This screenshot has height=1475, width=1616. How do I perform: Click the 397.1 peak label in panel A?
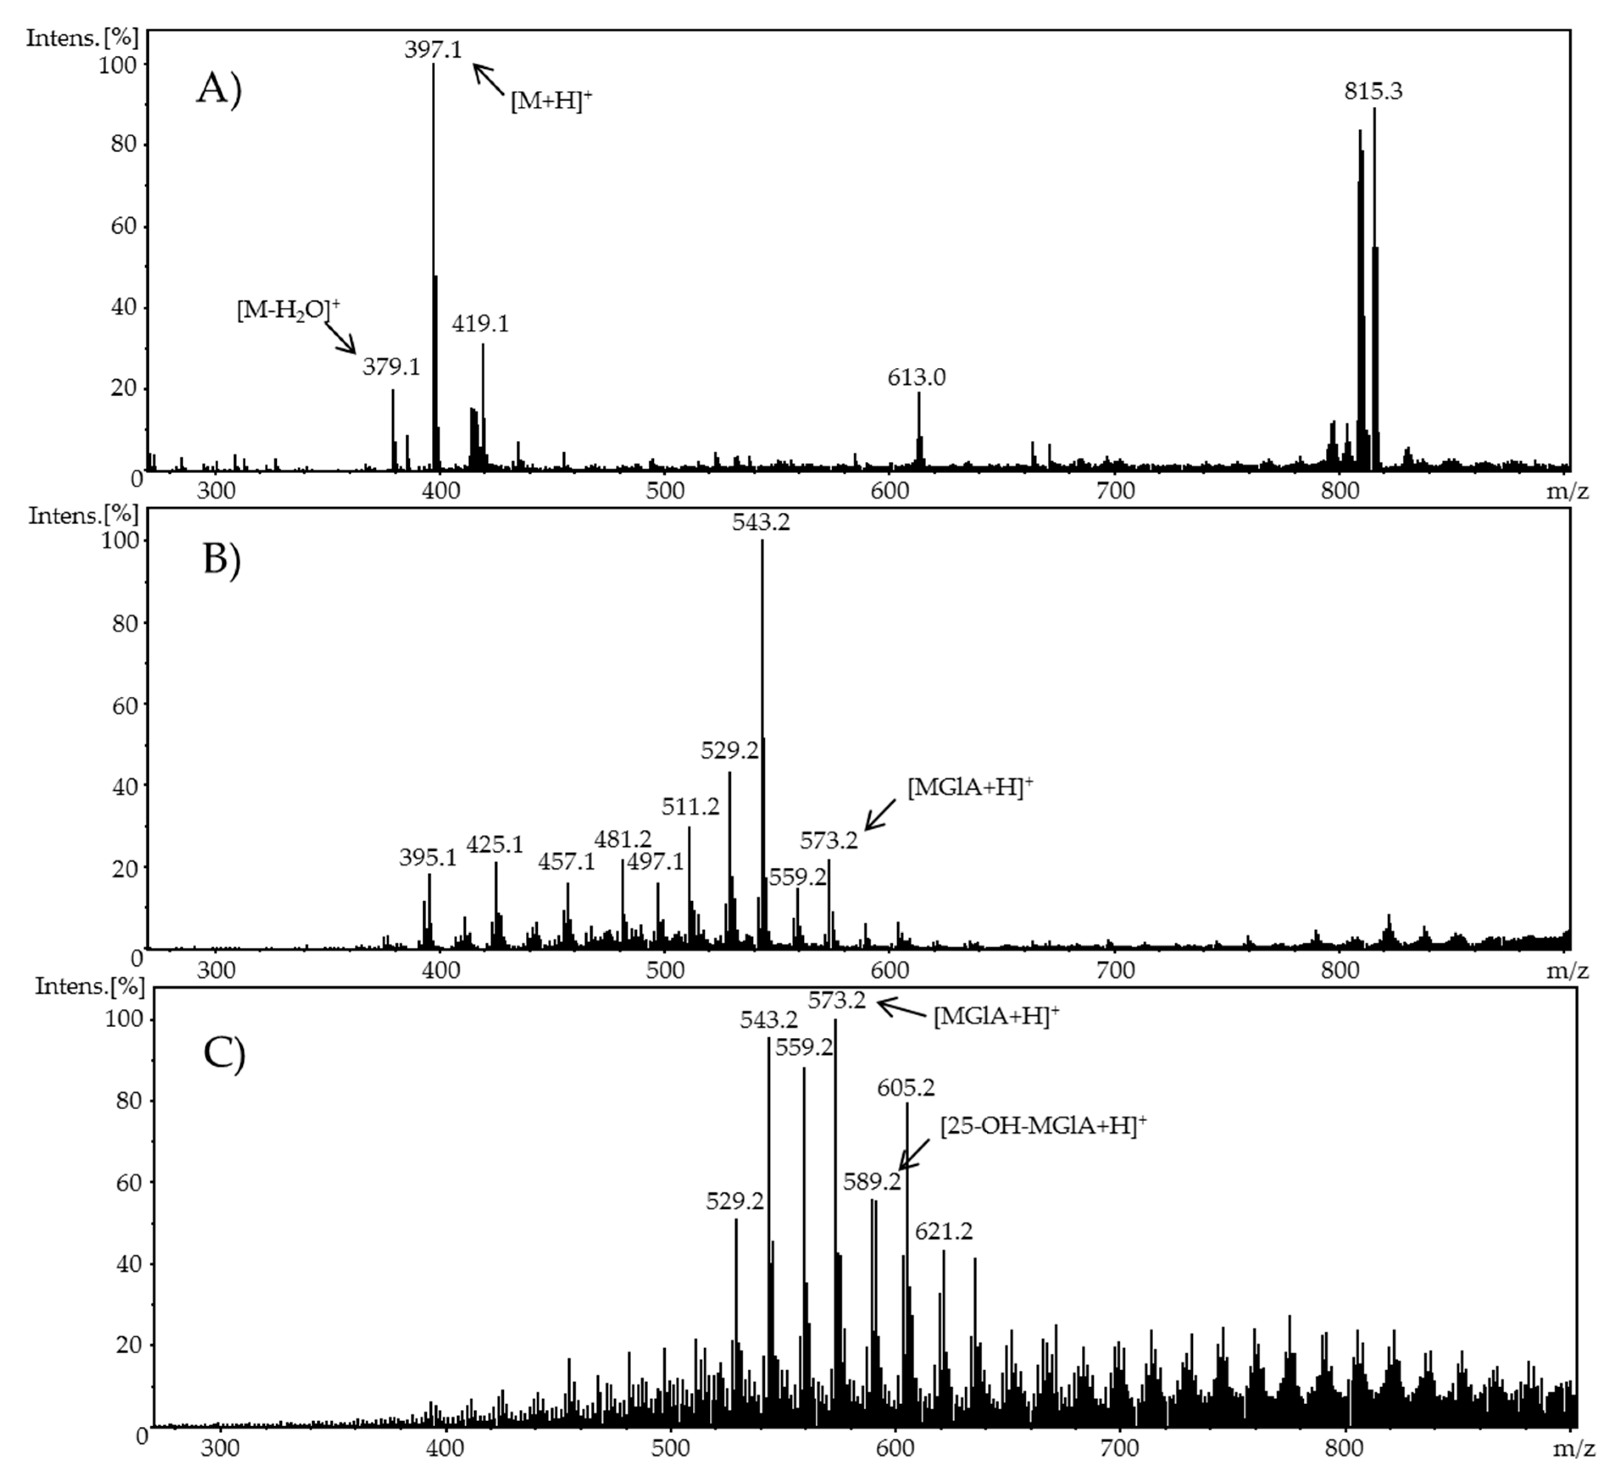coord(433,50)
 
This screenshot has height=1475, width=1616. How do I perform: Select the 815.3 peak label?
coord(1373,92)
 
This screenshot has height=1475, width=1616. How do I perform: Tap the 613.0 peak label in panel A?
coord(916,377)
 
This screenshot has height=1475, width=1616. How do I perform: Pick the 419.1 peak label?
coord(480,324)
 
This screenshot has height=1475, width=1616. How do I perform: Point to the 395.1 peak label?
coord(428,858)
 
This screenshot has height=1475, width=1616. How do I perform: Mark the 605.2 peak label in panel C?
coord(906,1088)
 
